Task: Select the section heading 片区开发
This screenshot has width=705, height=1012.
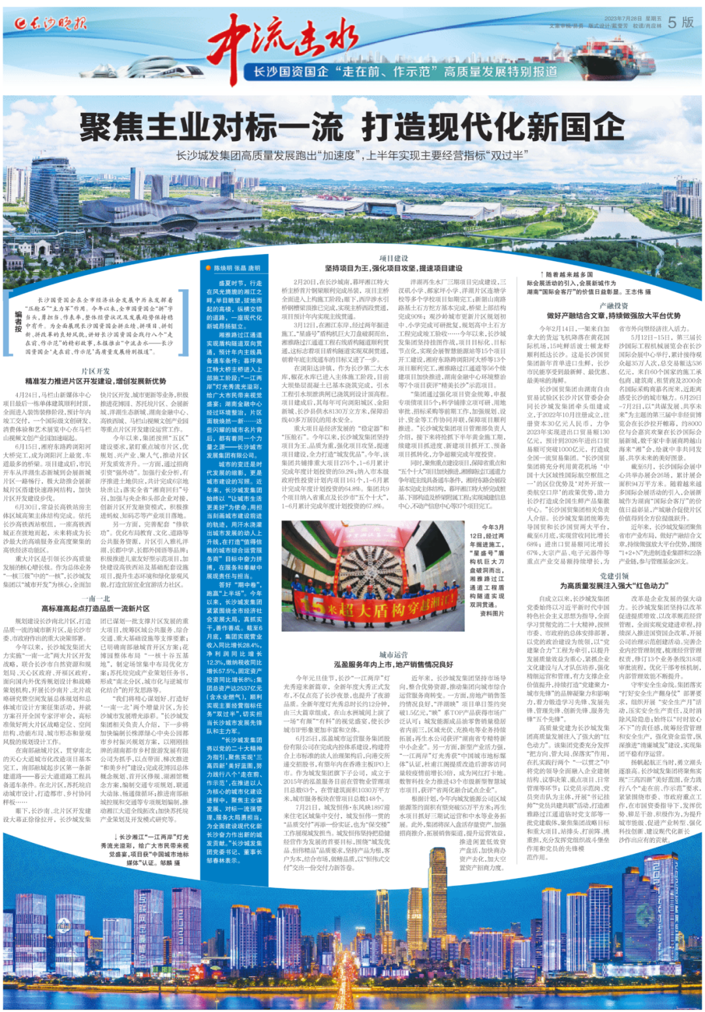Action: pyautogui.click(x=95, y=371)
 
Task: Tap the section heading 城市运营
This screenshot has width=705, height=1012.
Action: pyautogui.click(x=393, y=655)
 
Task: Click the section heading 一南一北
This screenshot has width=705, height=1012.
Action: pyautogui.click(x=95, y=598)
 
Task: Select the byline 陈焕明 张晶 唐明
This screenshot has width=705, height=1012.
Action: pyautogui.click(x=237, y=268)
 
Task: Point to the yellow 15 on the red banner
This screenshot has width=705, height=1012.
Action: pyautogui.click(x=312, y=605)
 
